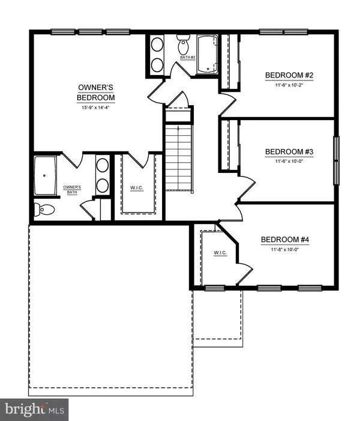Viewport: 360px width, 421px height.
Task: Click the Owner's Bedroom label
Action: (96, 92)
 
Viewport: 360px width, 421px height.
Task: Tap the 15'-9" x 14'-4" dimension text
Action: (96, 108)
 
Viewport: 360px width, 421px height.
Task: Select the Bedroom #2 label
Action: (289, 75)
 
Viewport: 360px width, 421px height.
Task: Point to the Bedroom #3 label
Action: (289, 152)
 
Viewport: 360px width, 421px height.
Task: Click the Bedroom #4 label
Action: (285, 239)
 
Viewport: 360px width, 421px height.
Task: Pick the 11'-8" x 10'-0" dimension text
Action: (285, 249)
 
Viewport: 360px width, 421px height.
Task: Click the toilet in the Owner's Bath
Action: (44, 210)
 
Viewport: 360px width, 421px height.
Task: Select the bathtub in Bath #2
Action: (208, 54)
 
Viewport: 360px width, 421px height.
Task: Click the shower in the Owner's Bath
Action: (45, 175)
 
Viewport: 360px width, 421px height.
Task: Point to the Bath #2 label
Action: (188, 58)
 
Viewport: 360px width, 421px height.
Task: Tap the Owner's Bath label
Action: (72, 190)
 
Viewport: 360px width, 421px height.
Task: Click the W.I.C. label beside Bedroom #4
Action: (220, 253)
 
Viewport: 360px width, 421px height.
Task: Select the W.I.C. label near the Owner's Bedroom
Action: (137, 188)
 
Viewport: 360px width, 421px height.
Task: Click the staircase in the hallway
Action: (178, 158)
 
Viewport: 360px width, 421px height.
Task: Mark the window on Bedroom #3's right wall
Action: (336, 160)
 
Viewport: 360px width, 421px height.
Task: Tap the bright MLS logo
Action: (34, 410)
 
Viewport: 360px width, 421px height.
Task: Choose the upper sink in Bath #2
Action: (157, 44)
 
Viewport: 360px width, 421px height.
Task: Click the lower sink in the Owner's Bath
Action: (102, 186)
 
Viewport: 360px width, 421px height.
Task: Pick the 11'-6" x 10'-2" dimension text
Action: (289, 85)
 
